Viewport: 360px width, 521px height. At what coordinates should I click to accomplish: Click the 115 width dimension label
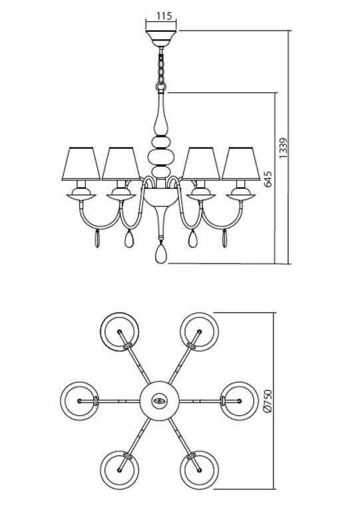click(x=161, y=15)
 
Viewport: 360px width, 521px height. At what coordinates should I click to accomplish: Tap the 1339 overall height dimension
click(x=283, y=148)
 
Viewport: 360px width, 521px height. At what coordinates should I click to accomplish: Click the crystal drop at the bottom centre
click(x=160, y=253)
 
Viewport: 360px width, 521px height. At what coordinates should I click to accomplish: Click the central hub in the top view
click(x=159, y=401)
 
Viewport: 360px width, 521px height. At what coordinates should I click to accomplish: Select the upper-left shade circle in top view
click(x=120, y=331)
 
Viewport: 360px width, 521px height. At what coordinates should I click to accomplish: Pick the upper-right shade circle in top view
click(x=198, y=331)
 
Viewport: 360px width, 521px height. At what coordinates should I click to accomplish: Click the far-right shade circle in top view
click(x=238, y=401)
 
